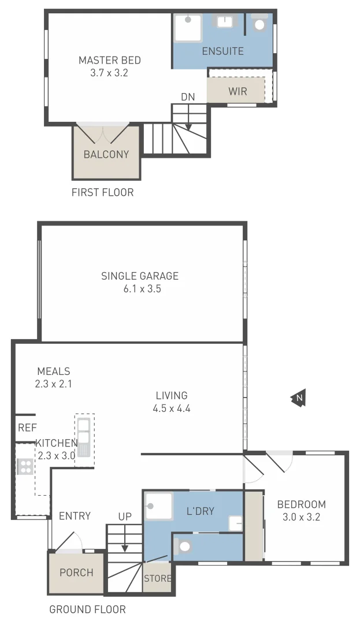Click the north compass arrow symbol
tap(298, 398)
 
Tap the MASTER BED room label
tap(110, 60)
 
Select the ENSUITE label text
tap(222, 51)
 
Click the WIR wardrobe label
tap(237, 91)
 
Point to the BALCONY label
tap(106, 154)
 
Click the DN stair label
tap(188, 97)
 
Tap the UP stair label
tap(125, 517)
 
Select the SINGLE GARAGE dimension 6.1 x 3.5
tap(139, 289)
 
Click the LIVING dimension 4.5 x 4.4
tap(172, 408)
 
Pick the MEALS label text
tap(53, 372)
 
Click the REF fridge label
tap(27, 428)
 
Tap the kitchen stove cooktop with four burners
tap(25, 466)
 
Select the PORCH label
tap(76, 573)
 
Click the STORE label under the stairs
tap(157, 578)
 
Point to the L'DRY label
tap(201, 511)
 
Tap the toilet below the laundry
tap(185, 546)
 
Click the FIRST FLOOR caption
tap(102, 192)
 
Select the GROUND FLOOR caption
tap(87, 609)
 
